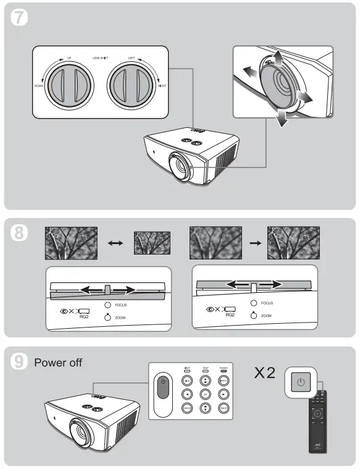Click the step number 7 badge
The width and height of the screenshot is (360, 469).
[20, 18]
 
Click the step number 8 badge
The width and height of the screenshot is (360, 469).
[20, 234]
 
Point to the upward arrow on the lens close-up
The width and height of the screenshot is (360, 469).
[277, 61]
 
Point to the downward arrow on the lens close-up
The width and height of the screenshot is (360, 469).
[282, 119]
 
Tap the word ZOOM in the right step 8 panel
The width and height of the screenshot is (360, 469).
[266, 316]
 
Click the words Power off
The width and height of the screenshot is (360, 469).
[58, 363]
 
